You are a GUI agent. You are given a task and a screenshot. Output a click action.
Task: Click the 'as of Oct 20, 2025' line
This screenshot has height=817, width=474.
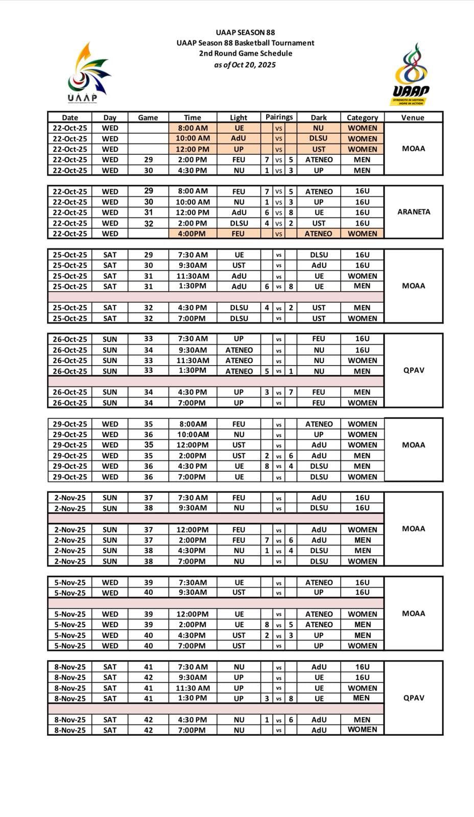(245, 65)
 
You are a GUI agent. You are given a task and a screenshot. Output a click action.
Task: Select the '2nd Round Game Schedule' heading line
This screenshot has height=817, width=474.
(245, 54)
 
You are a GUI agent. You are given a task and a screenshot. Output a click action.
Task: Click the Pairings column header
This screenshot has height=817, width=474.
(279, 117)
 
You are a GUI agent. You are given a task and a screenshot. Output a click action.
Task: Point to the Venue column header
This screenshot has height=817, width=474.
(413, 117)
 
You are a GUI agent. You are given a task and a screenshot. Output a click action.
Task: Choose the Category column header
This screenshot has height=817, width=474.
(362, 117)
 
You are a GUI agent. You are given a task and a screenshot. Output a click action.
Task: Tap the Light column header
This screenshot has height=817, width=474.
(239, 117)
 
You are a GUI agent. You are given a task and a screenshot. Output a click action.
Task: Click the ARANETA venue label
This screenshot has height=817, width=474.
(414, 212)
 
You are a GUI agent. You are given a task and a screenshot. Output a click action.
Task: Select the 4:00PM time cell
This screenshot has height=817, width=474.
(193, 234)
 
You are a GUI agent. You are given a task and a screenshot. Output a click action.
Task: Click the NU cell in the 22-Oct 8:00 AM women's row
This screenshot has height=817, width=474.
(319, 128)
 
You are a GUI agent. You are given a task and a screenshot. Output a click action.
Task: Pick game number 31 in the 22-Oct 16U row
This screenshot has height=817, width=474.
(148, 212)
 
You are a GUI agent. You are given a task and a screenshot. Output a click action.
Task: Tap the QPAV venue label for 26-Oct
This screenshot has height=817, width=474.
(414, 370)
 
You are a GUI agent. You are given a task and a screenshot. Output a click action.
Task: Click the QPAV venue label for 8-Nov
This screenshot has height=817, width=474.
(414, 698)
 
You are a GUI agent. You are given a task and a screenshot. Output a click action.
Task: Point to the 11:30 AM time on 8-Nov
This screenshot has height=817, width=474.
(193, 688)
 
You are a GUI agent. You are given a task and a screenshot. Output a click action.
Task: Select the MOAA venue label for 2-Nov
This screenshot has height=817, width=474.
(414, 529)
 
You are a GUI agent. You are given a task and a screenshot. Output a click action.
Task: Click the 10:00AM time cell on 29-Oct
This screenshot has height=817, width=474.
(193, 435)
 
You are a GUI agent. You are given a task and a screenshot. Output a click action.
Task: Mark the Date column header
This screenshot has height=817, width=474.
(70, 117)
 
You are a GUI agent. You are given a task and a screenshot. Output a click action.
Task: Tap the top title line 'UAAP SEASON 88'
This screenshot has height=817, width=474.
(245, 33)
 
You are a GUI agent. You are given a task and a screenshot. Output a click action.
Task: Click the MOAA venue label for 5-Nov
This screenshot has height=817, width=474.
(414, 614)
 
